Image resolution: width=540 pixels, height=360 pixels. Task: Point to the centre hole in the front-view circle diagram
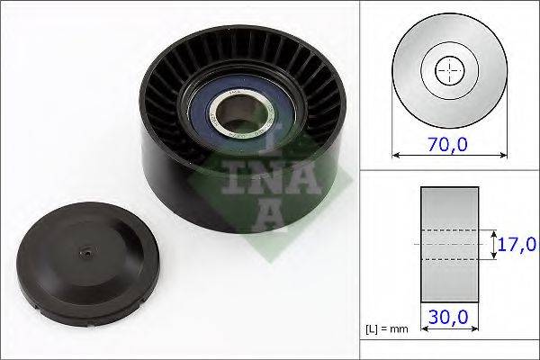click(447, 69)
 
